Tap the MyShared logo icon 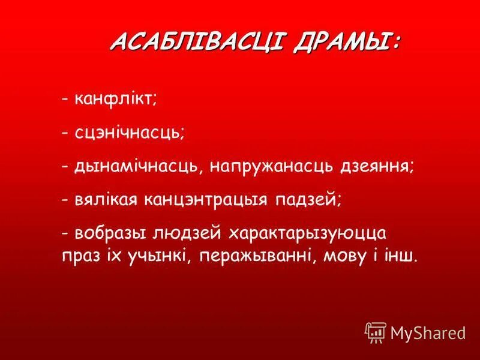coord(375,332)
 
